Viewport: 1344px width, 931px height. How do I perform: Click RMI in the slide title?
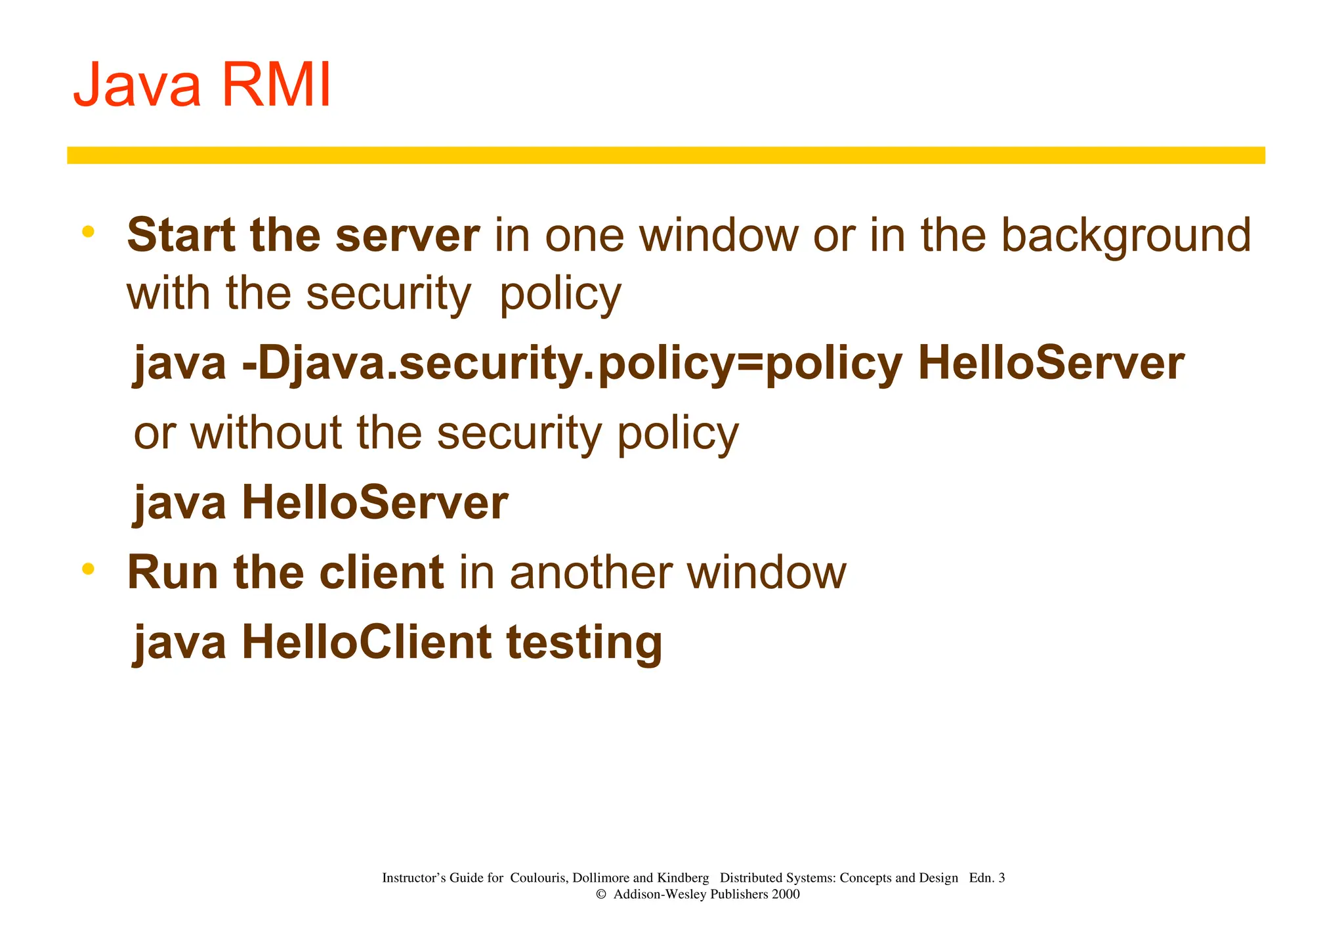coord(276,85)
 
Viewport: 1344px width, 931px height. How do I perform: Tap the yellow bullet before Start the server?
coord(89,232)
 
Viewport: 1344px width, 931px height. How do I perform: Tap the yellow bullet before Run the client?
coord(89,569)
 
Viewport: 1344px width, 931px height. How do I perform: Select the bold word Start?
coord(180,235)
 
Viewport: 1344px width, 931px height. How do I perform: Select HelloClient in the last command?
coord(366,642)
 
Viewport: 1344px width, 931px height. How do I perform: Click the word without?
coord(266,433)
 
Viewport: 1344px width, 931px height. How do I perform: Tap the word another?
coord(591,573)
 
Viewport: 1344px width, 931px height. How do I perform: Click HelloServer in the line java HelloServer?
coord(375,503)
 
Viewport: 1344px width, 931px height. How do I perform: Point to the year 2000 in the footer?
coord(786,895)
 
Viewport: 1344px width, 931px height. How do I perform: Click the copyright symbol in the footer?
coord(600,895)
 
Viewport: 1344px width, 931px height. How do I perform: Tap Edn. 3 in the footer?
coord(986,878)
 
